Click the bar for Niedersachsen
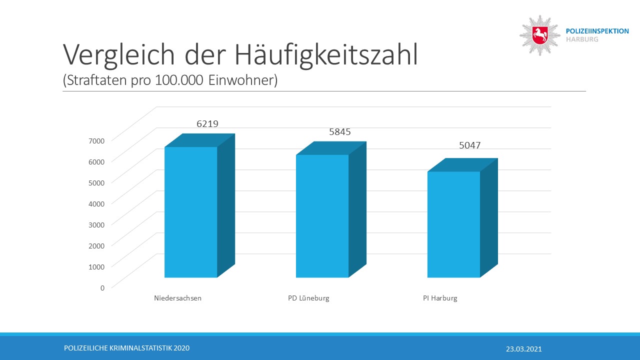click(x=191, y=212)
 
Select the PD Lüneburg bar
click(x=322, y=216)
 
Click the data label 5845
click(x=340, y=132)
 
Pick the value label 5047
click(x=470, y=145)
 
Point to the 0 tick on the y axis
click(x=102, y=287)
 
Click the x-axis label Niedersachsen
click(x=177, y=298)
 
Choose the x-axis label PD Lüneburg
click(x=308, y=298)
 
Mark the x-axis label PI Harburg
click(x=440, y=298)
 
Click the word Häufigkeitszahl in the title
click(x=326, y=55)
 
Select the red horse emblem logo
click(x=540, y=35)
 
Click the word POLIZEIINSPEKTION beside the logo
click(x=597, y=31)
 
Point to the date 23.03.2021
click(x=523, y=349)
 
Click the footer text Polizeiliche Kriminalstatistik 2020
click(x=127, y=348)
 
